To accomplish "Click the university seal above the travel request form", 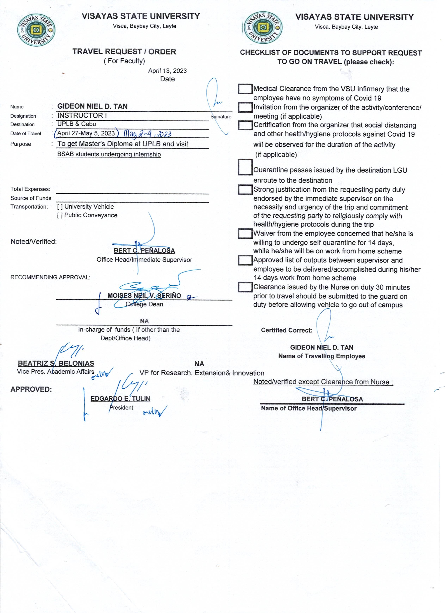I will click(36, 30).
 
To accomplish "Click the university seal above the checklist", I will click(263, 28).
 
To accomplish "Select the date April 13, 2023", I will click(167, 71).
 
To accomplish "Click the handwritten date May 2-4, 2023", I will click(148, 134).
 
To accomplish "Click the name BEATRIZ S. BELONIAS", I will click(56, 363).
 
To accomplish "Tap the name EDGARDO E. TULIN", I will click(120, 399).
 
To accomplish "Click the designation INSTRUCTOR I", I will click(82, 115).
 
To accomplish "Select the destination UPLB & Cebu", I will click(77, 124).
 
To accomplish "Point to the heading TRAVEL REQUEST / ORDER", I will click(124, 52).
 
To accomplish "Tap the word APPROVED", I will click(31, 389).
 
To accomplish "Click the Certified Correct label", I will click(287, 330).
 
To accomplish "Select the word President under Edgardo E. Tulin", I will click(121, 408).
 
